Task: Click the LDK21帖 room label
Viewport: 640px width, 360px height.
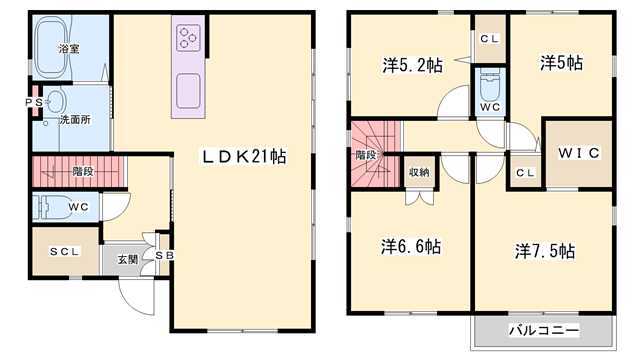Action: pos(245,157)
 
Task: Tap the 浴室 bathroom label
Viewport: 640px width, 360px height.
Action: pos(69,48)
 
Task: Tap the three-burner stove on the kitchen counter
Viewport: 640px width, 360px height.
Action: pos(189,39)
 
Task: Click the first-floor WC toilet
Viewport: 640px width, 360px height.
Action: pos(50,208)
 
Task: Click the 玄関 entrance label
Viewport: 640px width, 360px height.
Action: pos(127,260)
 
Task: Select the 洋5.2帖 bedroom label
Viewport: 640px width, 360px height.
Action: pos(412,65)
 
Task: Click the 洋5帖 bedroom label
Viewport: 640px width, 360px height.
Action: pos(562,62)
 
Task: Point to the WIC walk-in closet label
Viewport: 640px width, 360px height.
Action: pos(578,152)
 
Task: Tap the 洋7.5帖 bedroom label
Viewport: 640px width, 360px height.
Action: pos(545,249)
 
